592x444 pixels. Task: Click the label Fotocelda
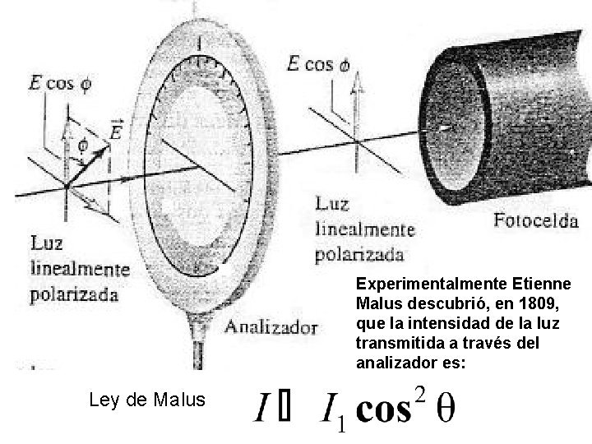(x=536, y=220)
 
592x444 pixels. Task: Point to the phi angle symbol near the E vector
(x=82, y=145)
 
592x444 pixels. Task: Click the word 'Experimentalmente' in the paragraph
(x=420, y=283)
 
